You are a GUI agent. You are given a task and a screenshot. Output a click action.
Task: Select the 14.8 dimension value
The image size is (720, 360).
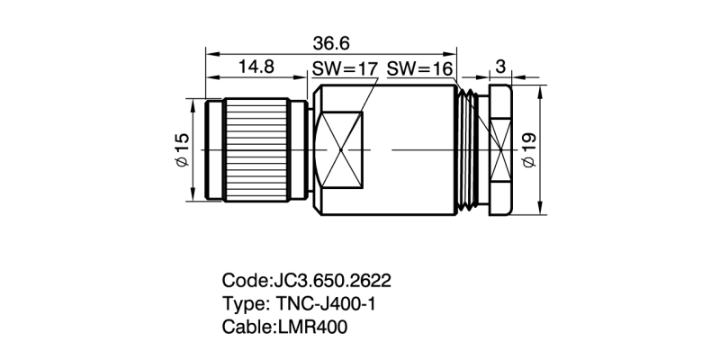coord(256,67)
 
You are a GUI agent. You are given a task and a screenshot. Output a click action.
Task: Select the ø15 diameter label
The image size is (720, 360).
coord(180,149)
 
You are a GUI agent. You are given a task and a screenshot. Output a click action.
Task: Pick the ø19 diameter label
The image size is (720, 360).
coord(529,149)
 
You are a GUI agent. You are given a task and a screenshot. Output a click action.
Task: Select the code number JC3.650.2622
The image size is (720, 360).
coord(332,279)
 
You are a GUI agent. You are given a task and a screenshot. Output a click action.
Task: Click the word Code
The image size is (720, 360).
coord(243,279)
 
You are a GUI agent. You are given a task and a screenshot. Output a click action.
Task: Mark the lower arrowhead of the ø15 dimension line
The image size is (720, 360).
coord(193,198)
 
